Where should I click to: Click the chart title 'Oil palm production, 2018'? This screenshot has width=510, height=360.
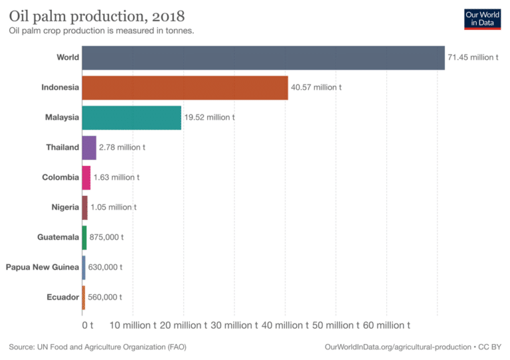point(97,15)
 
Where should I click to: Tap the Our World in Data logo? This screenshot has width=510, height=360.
point(482,18)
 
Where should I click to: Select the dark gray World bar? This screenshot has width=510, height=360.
point(263,58)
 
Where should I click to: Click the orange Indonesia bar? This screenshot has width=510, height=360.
point(185,88)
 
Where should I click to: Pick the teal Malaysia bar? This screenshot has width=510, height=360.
point(131,118)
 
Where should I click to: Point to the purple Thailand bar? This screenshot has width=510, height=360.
point(89,147)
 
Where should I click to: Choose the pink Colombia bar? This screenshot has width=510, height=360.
point(86,177)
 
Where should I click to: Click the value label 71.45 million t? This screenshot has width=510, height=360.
point(472,58)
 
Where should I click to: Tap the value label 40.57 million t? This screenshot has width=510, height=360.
point(316,88)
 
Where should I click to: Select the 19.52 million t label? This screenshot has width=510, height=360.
point(209,118)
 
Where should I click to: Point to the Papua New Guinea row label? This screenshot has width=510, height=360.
point(42,267)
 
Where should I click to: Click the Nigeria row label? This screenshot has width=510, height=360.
point(65,207)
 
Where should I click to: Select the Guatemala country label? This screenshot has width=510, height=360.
point(58,237)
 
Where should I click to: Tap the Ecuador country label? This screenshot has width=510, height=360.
point(63,297)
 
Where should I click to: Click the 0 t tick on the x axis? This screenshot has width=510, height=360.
point(87,325)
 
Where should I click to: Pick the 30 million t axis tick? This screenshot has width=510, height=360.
point(234,325)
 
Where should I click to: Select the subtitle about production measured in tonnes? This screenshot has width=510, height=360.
point(101,31)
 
